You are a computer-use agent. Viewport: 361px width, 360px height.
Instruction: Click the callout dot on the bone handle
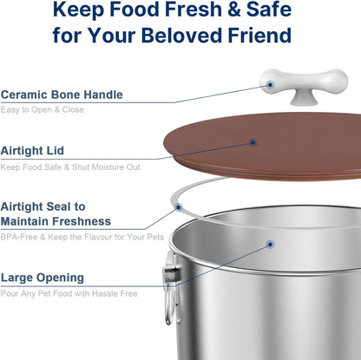pos(271,84)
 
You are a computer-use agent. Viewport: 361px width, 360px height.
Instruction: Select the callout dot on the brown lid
pos(253,141)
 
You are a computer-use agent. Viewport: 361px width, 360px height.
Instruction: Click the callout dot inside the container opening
pos(270,245)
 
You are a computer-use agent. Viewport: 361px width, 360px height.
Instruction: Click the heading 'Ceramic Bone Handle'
pos(62,94)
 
